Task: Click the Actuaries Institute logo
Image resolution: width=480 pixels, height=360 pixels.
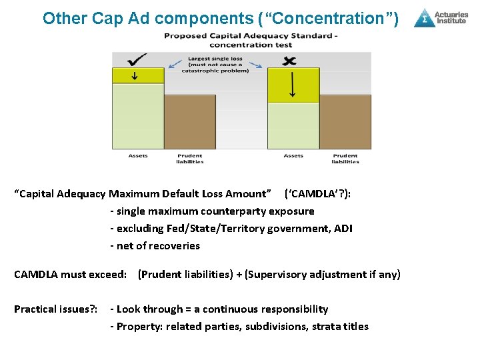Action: tap(441, 17)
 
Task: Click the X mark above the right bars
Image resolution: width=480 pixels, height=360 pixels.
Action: tap(289, 61)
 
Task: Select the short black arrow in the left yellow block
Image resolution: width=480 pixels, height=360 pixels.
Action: tap(135, 75)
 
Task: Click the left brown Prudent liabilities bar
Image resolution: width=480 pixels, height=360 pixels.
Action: tap(190, 122)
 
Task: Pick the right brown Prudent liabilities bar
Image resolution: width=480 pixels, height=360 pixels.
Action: tap(345, 122)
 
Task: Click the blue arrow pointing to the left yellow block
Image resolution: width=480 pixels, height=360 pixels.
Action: tap(175, 65)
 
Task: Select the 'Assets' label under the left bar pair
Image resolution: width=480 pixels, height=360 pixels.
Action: tap(138, 156)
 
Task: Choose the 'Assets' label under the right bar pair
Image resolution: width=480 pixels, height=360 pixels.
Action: tap(293, 156)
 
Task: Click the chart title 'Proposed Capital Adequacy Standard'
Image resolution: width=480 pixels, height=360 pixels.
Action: tap(250, 35)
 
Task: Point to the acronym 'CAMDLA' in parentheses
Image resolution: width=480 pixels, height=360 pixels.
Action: tap(308, 194)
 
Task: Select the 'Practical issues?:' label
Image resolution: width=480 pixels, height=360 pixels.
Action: tap(56, 309)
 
